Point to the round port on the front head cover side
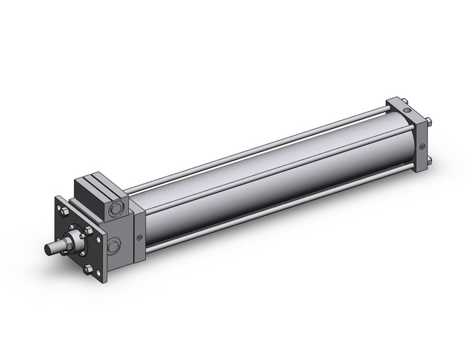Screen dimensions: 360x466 click(114, 247)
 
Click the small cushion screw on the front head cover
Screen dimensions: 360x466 click(139, 239)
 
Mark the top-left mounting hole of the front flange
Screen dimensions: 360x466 click(59, 203)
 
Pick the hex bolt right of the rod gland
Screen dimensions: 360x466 click(88, 231)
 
